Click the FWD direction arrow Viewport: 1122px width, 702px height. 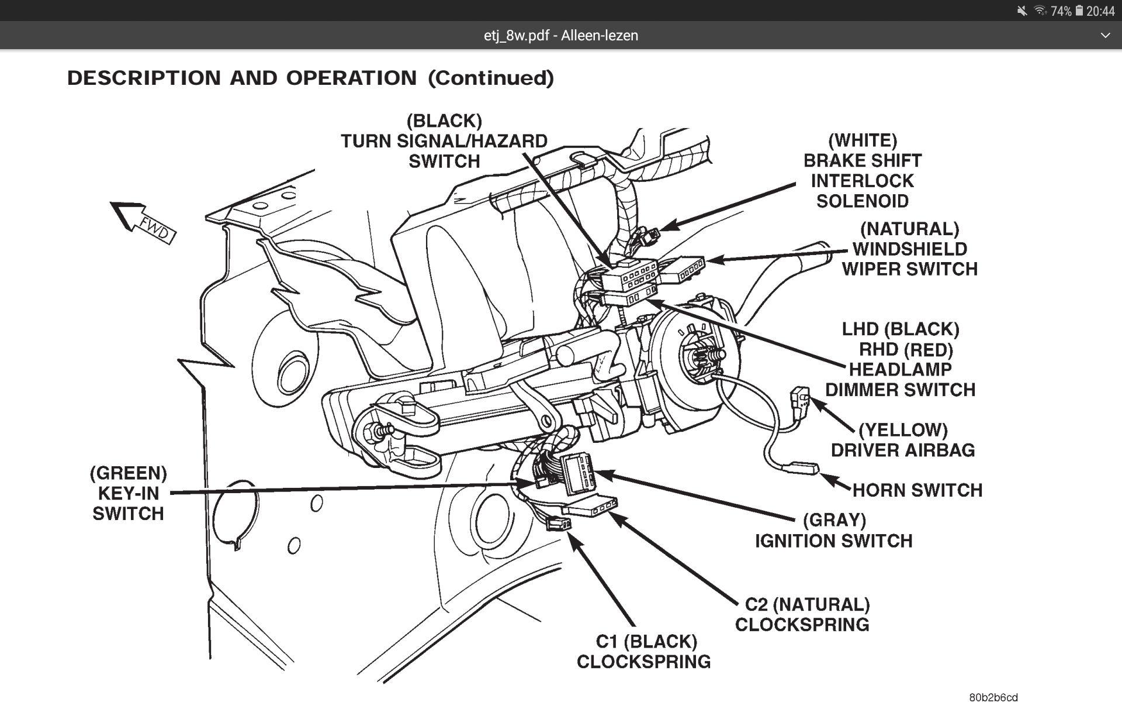click(x=143, y=224)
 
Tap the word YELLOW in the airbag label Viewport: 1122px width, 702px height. click(x=903, y=430)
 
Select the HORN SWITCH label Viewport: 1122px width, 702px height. click(x=917, y=490)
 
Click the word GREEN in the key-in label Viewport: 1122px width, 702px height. click(x=129, y=473)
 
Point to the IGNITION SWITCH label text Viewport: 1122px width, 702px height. click(x=833, y=541)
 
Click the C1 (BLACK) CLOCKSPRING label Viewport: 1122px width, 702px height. click(x=644, y=652)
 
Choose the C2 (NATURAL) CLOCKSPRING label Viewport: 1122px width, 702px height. click(x=802, y=614)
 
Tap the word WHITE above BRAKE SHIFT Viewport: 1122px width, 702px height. click(x=863, y=140)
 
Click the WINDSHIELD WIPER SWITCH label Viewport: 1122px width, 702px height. click(x=909, y=259)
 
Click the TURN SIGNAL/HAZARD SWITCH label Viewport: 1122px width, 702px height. click(x=444, y=142)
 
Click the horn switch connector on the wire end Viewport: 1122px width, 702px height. click(x=802, y=467)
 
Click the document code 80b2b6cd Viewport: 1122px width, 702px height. click(x=993, y=697)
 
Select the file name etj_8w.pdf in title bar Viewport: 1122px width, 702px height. click(x=517, y=36)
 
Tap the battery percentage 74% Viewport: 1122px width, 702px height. click(x=1061, y=11)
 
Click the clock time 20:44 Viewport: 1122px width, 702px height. click(x=1100, y=11)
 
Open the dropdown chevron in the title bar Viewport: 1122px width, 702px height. click(x=1105, y=36)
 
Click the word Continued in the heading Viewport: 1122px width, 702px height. click(x=491, y=78)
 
